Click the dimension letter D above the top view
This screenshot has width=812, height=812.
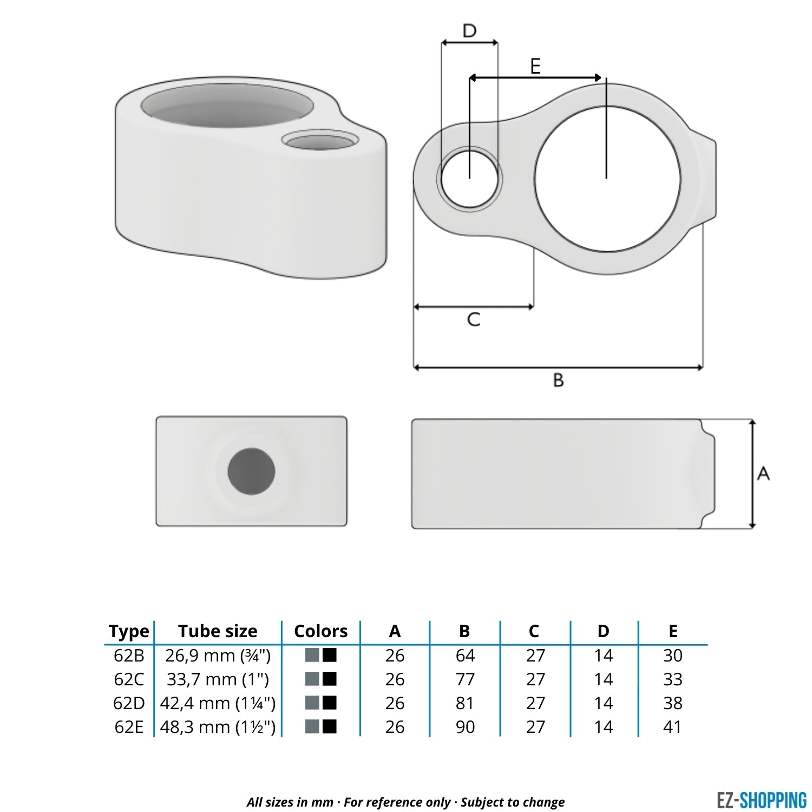click(x=469, y=31)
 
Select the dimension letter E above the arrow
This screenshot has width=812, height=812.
click(x=535, y=66)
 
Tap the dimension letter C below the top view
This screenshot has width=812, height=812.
click(x=473, y=319)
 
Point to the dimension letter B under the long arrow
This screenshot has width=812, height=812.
click(x=558, y=380)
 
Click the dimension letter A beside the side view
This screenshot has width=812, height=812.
click(x=763, y=474)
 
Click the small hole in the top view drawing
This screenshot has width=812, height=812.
click(x=469, y=178)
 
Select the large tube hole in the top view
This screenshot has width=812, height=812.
click(x=607, y=179)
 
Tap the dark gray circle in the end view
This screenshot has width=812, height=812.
click(x=251, y=471)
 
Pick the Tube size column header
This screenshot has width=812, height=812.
click(x=218, y=631)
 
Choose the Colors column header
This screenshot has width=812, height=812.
click(x=320, y=631)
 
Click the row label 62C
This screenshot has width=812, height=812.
click(x=129, y=679)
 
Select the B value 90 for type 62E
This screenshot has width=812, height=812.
click(x=465, y=726)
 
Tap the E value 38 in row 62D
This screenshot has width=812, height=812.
click(x=672, y=703)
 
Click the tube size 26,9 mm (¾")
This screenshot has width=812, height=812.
click(x=218, y=656)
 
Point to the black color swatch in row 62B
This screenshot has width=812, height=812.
click(x=330, y=655)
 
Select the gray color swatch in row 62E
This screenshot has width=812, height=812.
click(x=312, y=726)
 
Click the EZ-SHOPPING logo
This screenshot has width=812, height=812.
click(x=761, y=800)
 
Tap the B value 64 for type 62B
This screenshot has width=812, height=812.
click(x=465, y=656)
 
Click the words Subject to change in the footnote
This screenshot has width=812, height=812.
click(x=512, y=802)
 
